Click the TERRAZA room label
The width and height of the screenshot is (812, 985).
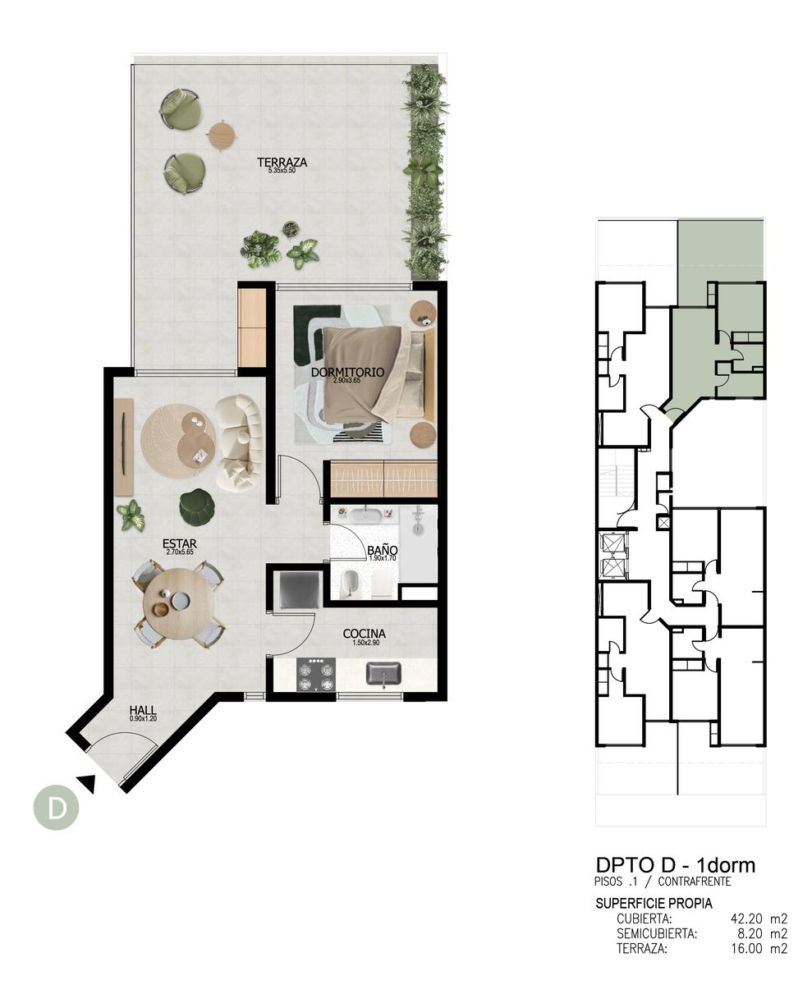[282, 162]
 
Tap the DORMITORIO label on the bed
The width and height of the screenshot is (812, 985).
[347, 372]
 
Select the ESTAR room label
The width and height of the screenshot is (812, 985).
[179, 544]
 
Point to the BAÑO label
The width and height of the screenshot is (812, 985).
[382, 550]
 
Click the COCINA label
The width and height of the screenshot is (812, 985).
[364, 634]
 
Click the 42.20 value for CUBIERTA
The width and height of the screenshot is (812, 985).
[746, 919]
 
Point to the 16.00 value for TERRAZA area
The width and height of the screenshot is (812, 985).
[746, 949]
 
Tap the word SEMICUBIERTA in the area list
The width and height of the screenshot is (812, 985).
[657, 933]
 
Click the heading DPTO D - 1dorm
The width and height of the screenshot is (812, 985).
[676, 866]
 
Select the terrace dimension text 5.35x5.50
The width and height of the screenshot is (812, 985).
[282, 171]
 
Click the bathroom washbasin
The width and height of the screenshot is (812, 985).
[365, 515]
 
